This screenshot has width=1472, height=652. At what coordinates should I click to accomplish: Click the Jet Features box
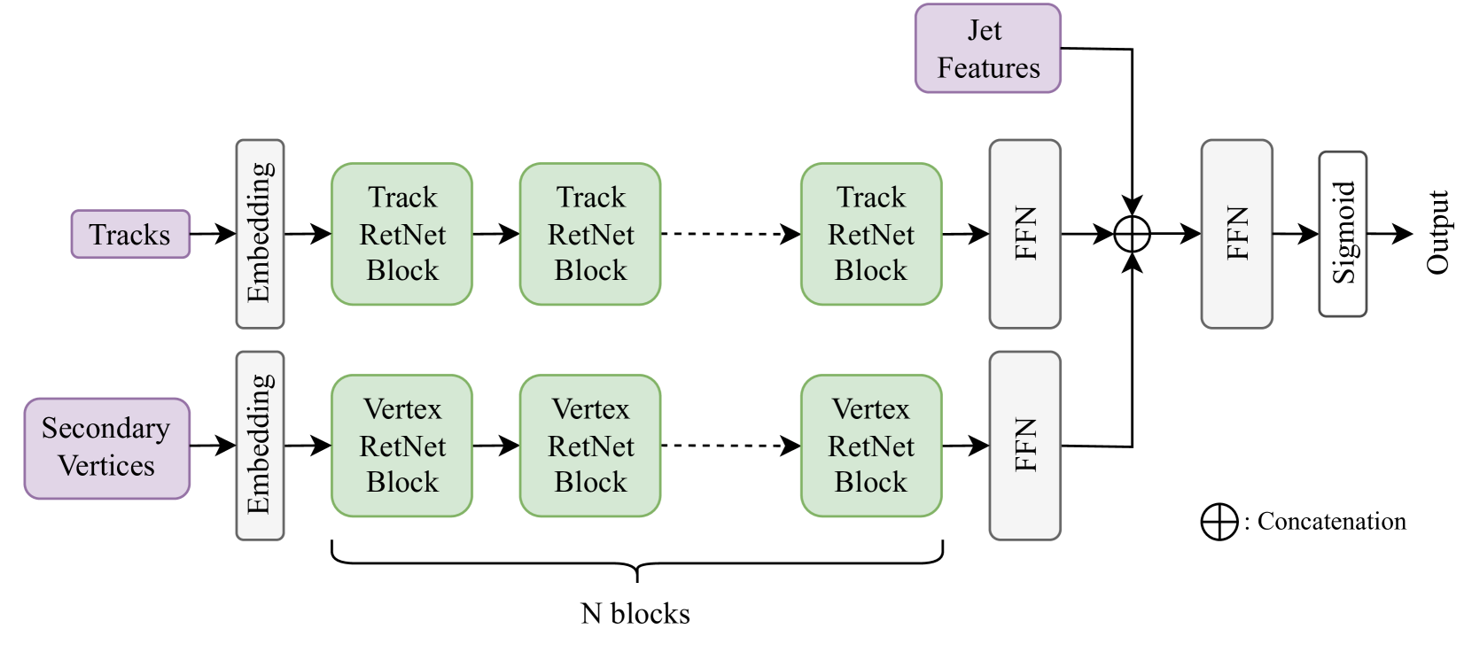[x=987, y=49]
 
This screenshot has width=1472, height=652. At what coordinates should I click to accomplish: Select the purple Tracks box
[x=130, y=235]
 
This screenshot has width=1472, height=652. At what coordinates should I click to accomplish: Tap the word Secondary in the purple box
[x=105, y=428]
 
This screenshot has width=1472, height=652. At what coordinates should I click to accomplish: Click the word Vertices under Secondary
[x=106, y=466]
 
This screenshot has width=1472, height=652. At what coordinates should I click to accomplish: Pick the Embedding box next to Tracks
[x=260, y=234]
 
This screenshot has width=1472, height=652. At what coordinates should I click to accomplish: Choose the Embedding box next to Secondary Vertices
[x=260, y=446]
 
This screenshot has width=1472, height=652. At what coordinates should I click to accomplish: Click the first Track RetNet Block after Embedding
[x=402, y=234]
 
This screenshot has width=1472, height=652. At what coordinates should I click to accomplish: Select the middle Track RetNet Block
[x=590, y=234]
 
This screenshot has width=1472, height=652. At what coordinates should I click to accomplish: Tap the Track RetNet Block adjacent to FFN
[x=870, y=234]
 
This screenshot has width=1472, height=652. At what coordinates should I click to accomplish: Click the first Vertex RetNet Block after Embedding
[x=402, y=446]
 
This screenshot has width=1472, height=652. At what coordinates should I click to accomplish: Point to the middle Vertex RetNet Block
[x=590, y=446]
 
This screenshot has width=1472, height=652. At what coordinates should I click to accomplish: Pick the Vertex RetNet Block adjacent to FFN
[x=870, y=446]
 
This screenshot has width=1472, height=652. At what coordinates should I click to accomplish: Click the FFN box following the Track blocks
[x=1024, y=234]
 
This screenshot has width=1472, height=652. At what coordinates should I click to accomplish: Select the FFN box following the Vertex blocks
[x=1024, y=446]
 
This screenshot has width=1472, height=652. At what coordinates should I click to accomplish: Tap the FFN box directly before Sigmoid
[x=1236, y=234]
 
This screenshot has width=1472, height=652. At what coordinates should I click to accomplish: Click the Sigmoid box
[x=1343, y=234]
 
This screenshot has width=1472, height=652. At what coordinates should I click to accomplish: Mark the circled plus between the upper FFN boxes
[x=1132, y=234]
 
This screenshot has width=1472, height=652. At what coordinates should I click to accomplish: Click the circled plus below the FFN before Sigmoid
[x=1219, y=522]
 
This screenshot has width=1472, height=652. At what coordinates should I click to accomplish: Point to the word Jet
[x=985, y=30]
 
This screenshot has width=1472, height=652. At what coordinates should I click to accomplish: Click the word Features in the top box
[x=988, y=68]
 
